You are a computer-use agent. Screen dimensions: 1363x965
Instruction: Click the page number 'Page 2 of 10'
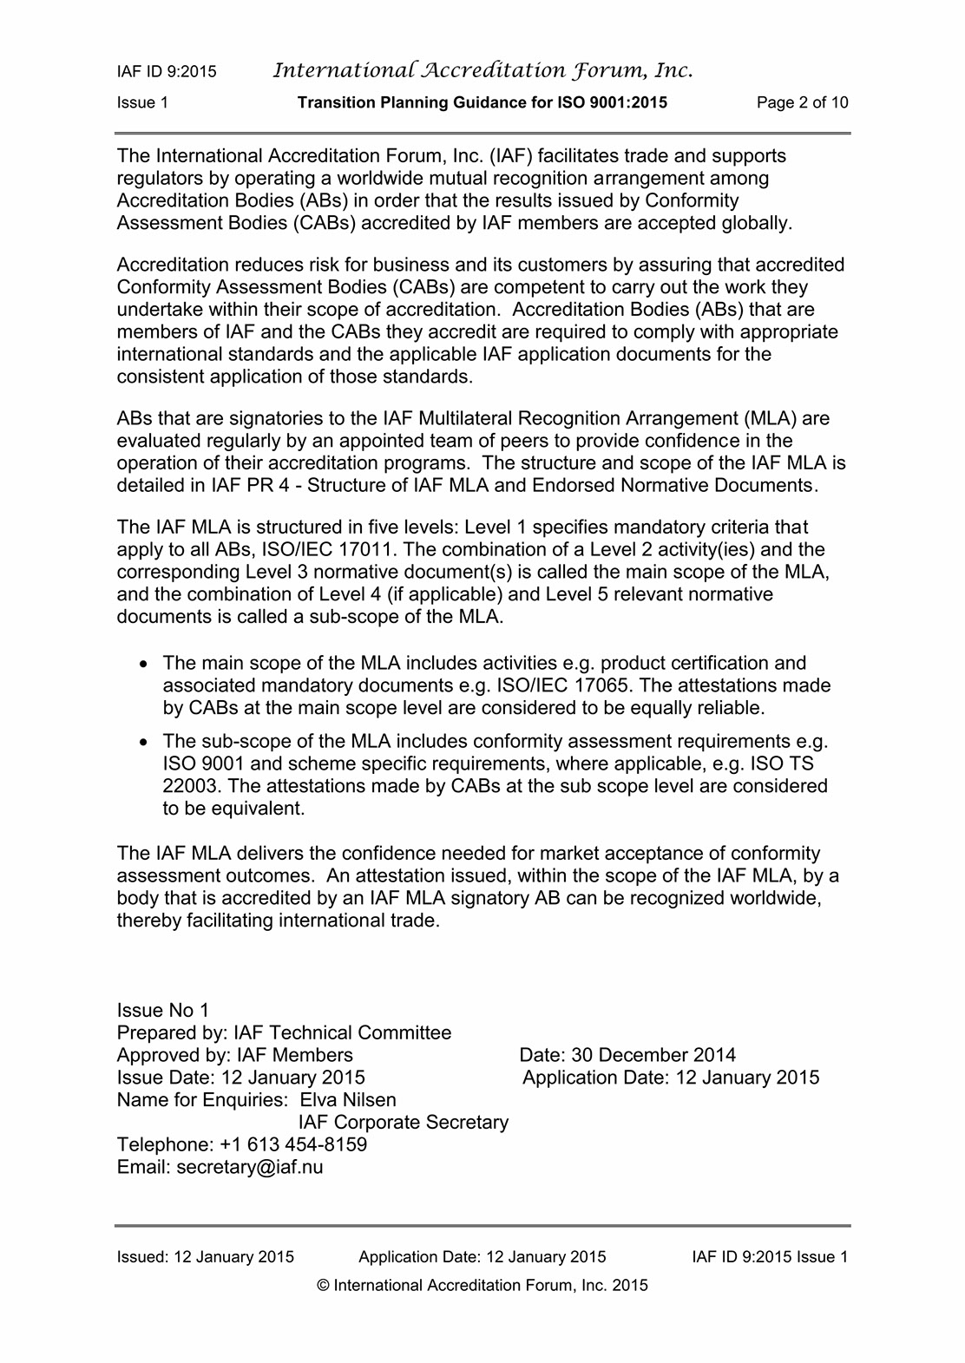click(802, 102)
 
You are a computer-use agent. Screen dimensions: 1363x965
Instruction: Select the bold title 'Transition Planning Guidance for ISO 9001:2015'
click(482, 102)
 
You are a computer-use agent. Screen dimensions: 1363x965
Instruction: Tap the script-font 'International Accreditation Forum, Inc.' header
click(482, 70)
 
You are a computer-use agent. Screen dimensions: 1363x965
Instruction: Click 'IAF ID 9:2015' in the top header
click(167, 72)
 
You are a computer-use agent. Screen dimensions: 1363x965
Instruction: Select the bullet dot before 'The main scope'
click(146, 664)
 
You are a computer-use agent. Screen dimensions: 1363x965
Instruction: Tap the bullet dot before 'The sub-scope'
click(146, 742)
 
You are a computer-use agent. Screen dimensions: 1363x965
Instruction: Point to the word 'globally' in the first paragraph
click(758, 223)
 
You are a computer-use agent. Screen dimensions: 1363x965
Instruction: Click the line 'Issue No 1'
click(163, 1010)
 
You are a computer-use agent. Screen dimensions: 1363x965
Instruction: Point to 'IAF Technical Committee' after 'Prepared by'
click(342, 1032)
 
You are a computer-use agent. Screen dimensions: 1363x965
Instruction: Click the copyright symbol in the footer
click(325, 1286)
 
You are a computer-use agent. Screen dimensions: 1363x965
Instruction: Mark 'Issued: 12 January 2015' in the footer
click(205, 1256)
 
